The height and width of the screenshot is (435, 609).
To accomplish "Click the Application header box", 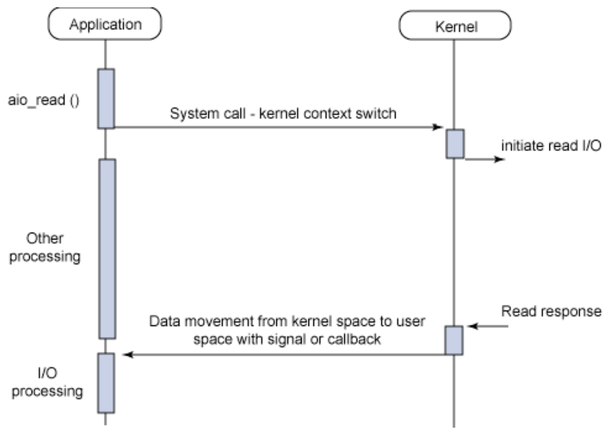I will coord(104,24).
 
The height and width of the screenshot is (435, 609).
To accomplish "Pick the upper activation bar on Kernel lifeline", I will coord(455,144).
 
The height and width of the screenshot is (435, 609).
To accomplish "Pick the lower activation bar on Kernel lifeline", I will coord(455,340).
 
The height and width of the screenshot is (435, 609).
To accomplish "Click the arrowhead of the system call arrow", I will coord(440,128).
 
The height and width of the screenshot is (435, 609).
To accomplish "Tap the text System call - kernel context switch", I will coord(284,114).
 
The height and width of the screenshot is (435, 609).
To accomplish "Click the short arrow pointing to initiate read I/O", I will coord(486,159).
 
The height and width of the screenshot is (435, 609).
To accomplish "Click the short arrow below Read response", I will coord(489,326).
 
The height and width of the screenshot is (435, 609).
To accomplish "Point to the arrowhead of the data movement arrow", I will coord(127,355).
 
